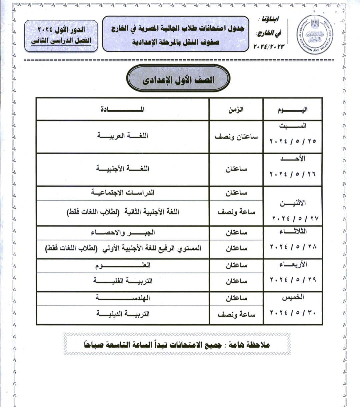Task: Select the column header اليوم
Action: click(293, 110)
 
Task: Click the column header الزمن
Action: click(236, 110)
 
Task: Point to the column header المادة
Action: click(122, 110)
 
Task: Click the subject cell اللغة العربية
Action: click(122, 136)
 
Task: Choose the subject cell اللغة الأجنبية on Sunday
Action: click(122, 168)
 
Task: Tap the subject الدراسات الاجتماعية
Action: click(122, 193)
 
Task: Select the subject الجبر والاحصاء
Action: click(122, 233)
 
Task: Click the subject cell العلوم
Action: click(122, 265)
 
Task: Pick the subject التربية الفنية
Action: click(122, 281)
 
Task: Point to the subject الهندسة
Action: click(122, 298)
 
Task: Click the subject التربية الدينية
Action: click(122, 314)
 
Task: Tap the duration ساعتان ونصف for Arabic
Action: click(236, 137)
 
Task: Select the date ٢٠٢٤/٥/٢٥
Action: click(293, 141)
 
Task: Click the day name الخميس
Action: click(293, 297)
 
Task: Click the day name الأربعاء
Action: click(293, 265)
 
